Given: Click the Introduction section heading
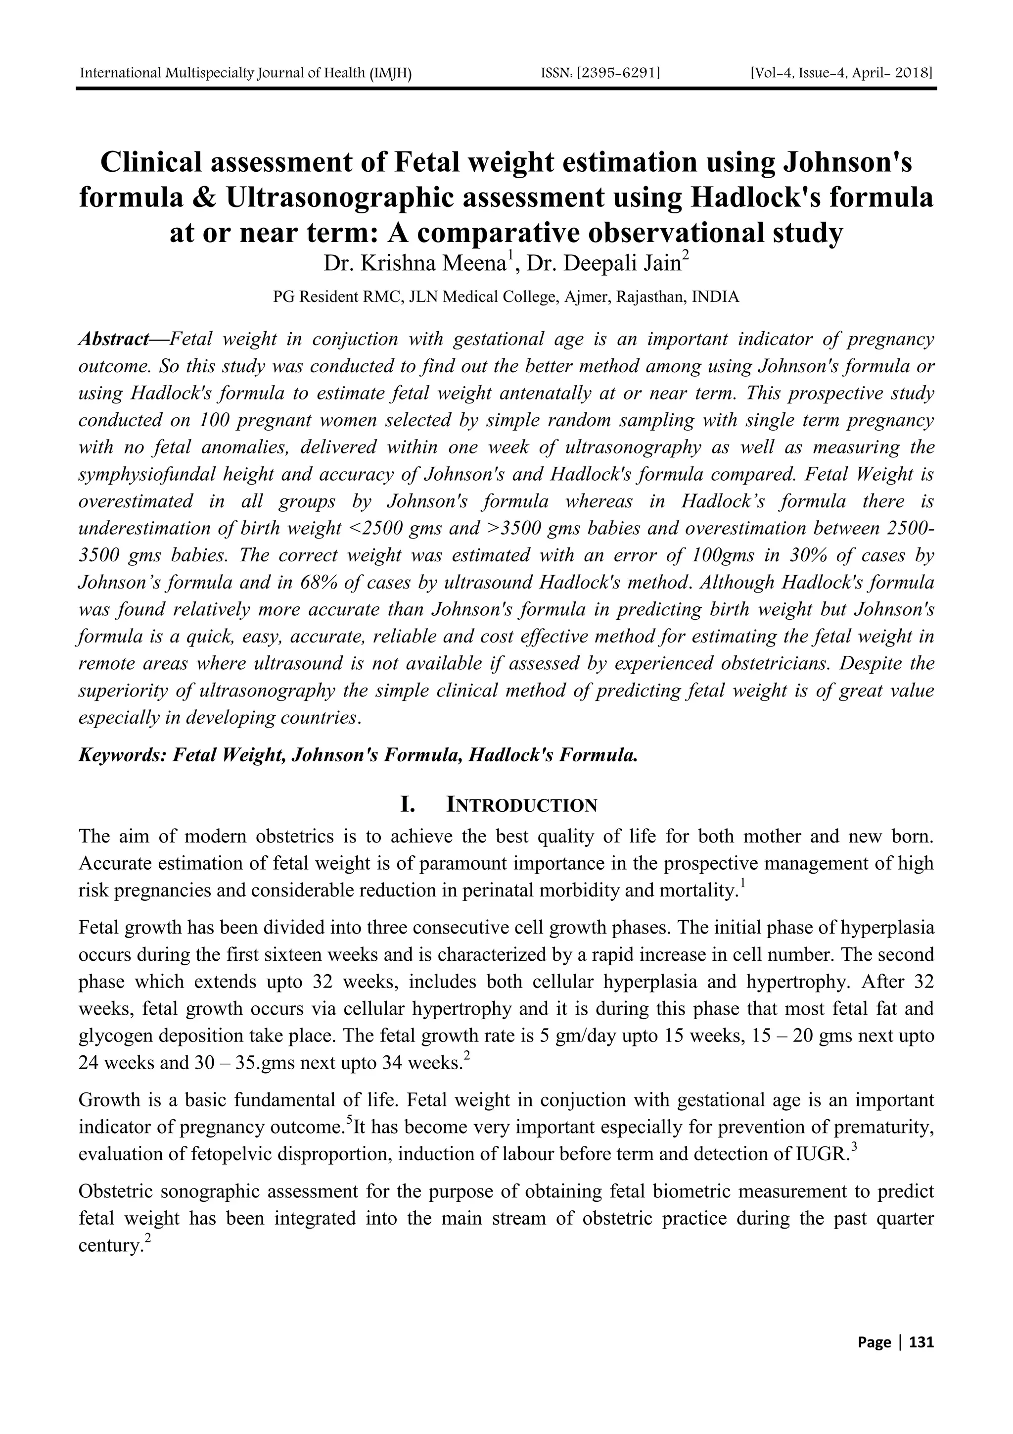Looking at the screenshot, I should point(522,806).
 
